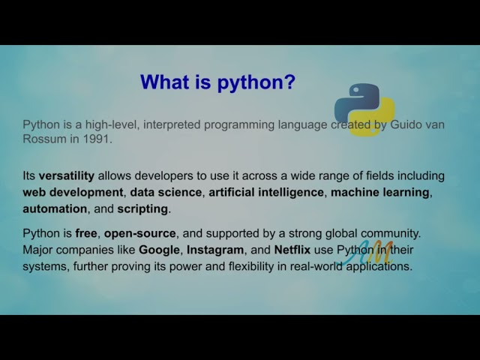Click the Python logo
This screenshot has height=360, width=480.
(364, 109)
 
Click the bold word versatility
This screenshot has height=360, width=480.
(67, 175)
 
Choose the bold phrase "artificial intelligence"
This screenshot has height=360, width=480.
(266, 192)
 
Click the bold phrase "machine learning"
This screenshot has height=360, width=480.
(380, 192)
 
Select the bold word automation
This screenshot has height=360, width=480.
(55, 208)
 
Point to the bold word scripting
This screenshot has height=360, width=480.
(142, 208)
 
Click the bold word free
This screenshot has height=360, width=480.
(86, 233)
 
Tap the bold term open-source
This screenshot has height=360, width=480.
(140, 233)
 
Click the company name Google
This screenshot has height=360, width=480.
(160, 249)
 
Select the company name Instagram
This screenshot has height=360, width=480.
(216, 249)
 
